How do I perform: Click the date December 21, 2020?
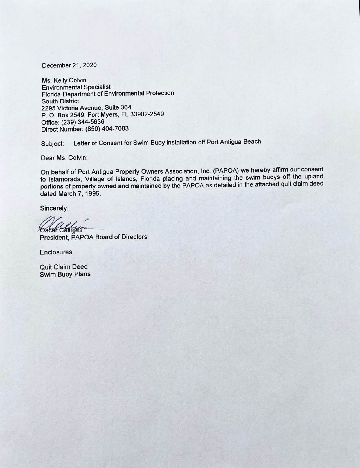(x=69, y=65)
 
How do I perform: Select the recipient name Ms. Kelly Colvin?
(x=64, y=80)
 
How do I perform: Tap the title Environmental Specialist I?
(x=77, y=87)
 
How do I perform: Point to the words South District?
(x=60, y=101)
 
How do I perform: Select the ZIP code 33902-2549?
(x=147, y=114)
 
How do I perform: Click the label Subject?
(x=53, y=143)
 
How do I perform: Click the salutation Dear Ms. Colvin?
(x=64, y=158)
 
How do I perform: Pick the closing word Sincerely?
(x=54, y=208)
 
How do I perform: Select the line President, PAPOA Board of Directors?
(x=93, y=237)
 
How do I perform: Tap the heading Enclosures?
(x=57, y=252)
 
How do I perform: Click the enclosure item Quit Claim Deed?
(x=64, y=266)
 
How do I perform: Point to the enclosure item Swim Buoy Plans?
(x=65, y=274)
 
